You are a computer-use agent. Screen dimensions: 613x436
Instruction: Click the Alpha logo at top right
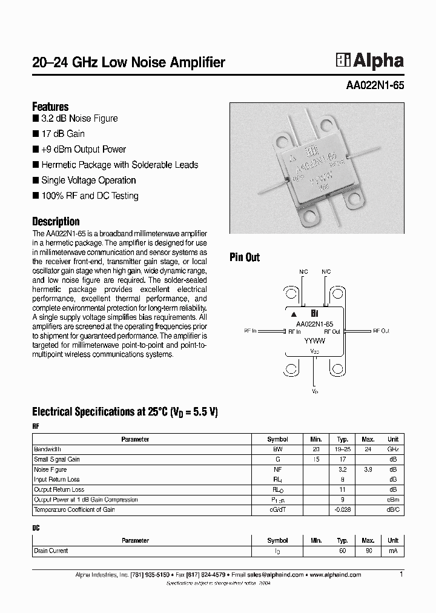(369, 61)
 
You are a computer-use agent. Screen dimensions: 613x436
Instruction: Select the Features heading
(50, 107)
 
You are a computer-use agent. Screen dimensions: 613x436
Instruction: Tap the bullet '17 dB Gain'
(62, 134)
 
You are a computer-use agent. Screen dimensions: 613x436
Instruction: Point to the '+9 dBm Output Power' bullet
(83, 150)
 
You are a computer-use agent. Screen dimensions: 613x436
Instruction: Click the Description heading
(56, 222)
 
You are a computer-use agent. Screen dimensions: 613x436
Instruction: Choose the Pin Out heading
(245, 257)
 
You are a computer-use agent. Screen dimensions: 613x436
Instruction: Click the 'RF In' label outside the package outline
(249, 331)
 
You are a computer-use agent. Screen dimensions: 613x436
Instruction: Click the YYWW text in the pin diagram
(314, 341)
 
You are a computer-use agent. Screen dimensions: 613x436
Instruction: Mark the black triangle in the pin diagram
(294, 314)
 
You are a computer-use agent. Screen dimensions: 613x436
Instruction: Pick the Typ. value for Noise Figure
(342, 469)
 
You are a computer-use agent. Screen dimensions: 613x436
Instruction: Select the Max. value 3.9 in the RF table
(368, 469)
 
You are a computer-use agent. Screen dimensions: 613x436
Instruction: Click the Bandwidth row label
(47, 449)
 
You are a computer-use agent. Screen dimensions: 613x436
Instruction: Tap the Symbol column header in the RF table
(277, 439)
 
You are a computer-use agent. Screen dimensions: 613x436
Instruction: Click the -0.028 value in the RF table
(342, 509)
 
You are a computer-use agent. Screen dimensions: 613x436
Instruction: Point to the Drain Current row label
(51, 551)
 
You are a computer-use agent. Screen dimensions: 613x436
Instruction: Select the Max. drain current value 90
(368, 551)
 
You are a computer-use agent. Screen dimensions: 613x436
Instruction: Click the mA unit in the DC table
(393, 551)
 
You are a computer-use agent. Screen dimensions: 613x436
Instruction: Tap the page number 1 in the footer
(401, 574)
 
